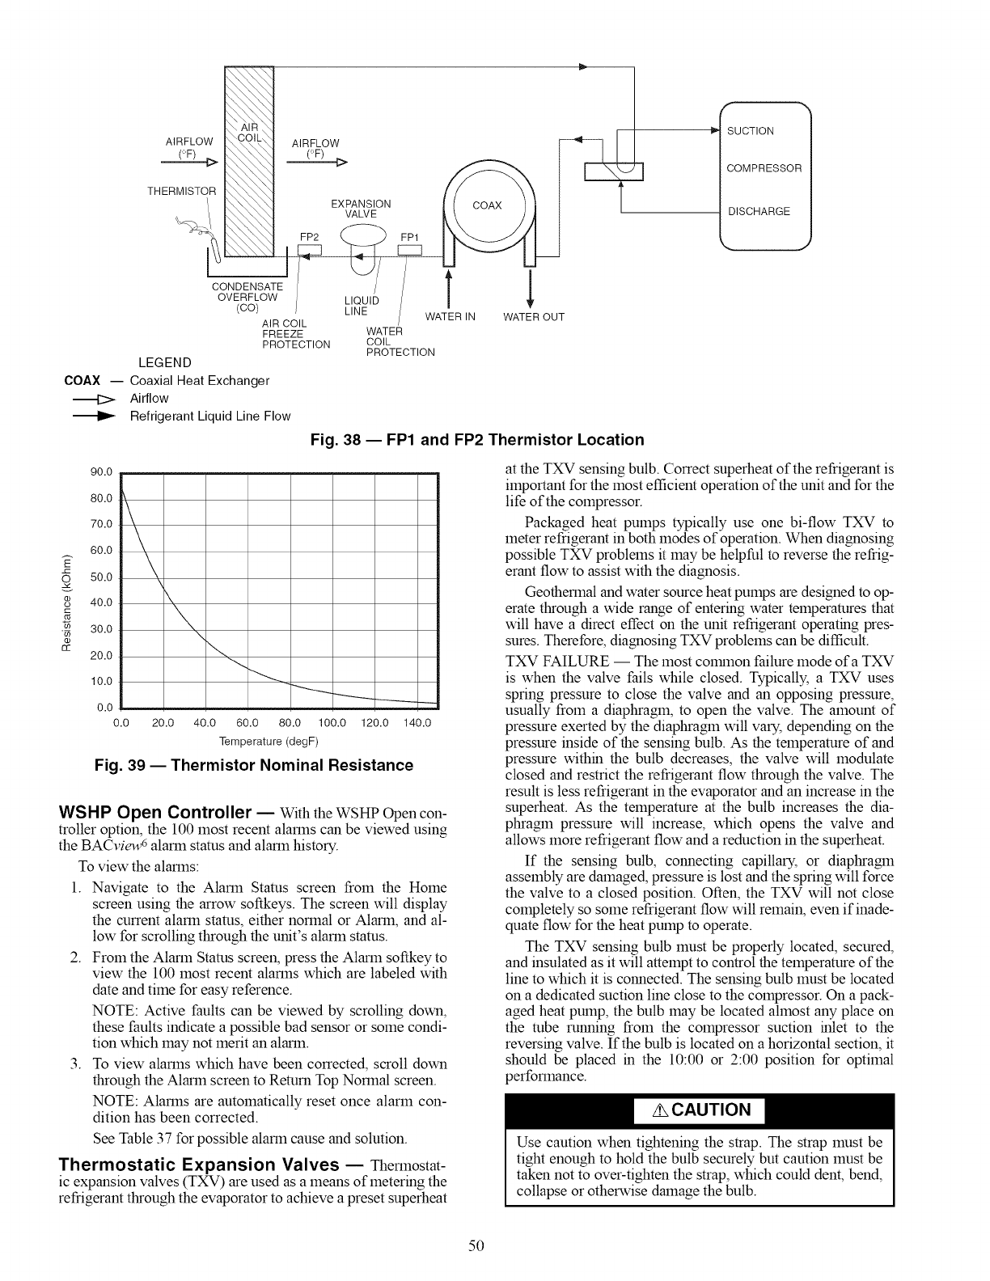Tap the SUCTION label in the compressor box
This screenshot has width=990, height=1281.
(x=751, y=131)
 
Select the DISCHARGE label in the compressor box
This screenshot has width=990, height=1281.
(x=759, y=212)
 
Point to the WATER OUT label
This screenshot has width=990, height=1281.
(x=534, y=316)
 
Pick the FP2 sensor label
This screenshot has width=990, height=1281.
(x=311, y=237)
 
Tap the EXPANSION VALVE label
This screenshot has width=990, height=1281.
(x=362, y=209)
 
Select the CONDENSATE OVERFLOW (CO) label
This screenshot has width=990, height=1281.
(x=247, y=297)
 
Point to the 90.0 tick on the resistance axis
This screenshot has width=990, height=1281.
(x=101, y=473)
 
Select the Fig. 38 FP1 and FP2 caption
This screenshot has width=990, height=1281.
(x=477, y=440)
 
